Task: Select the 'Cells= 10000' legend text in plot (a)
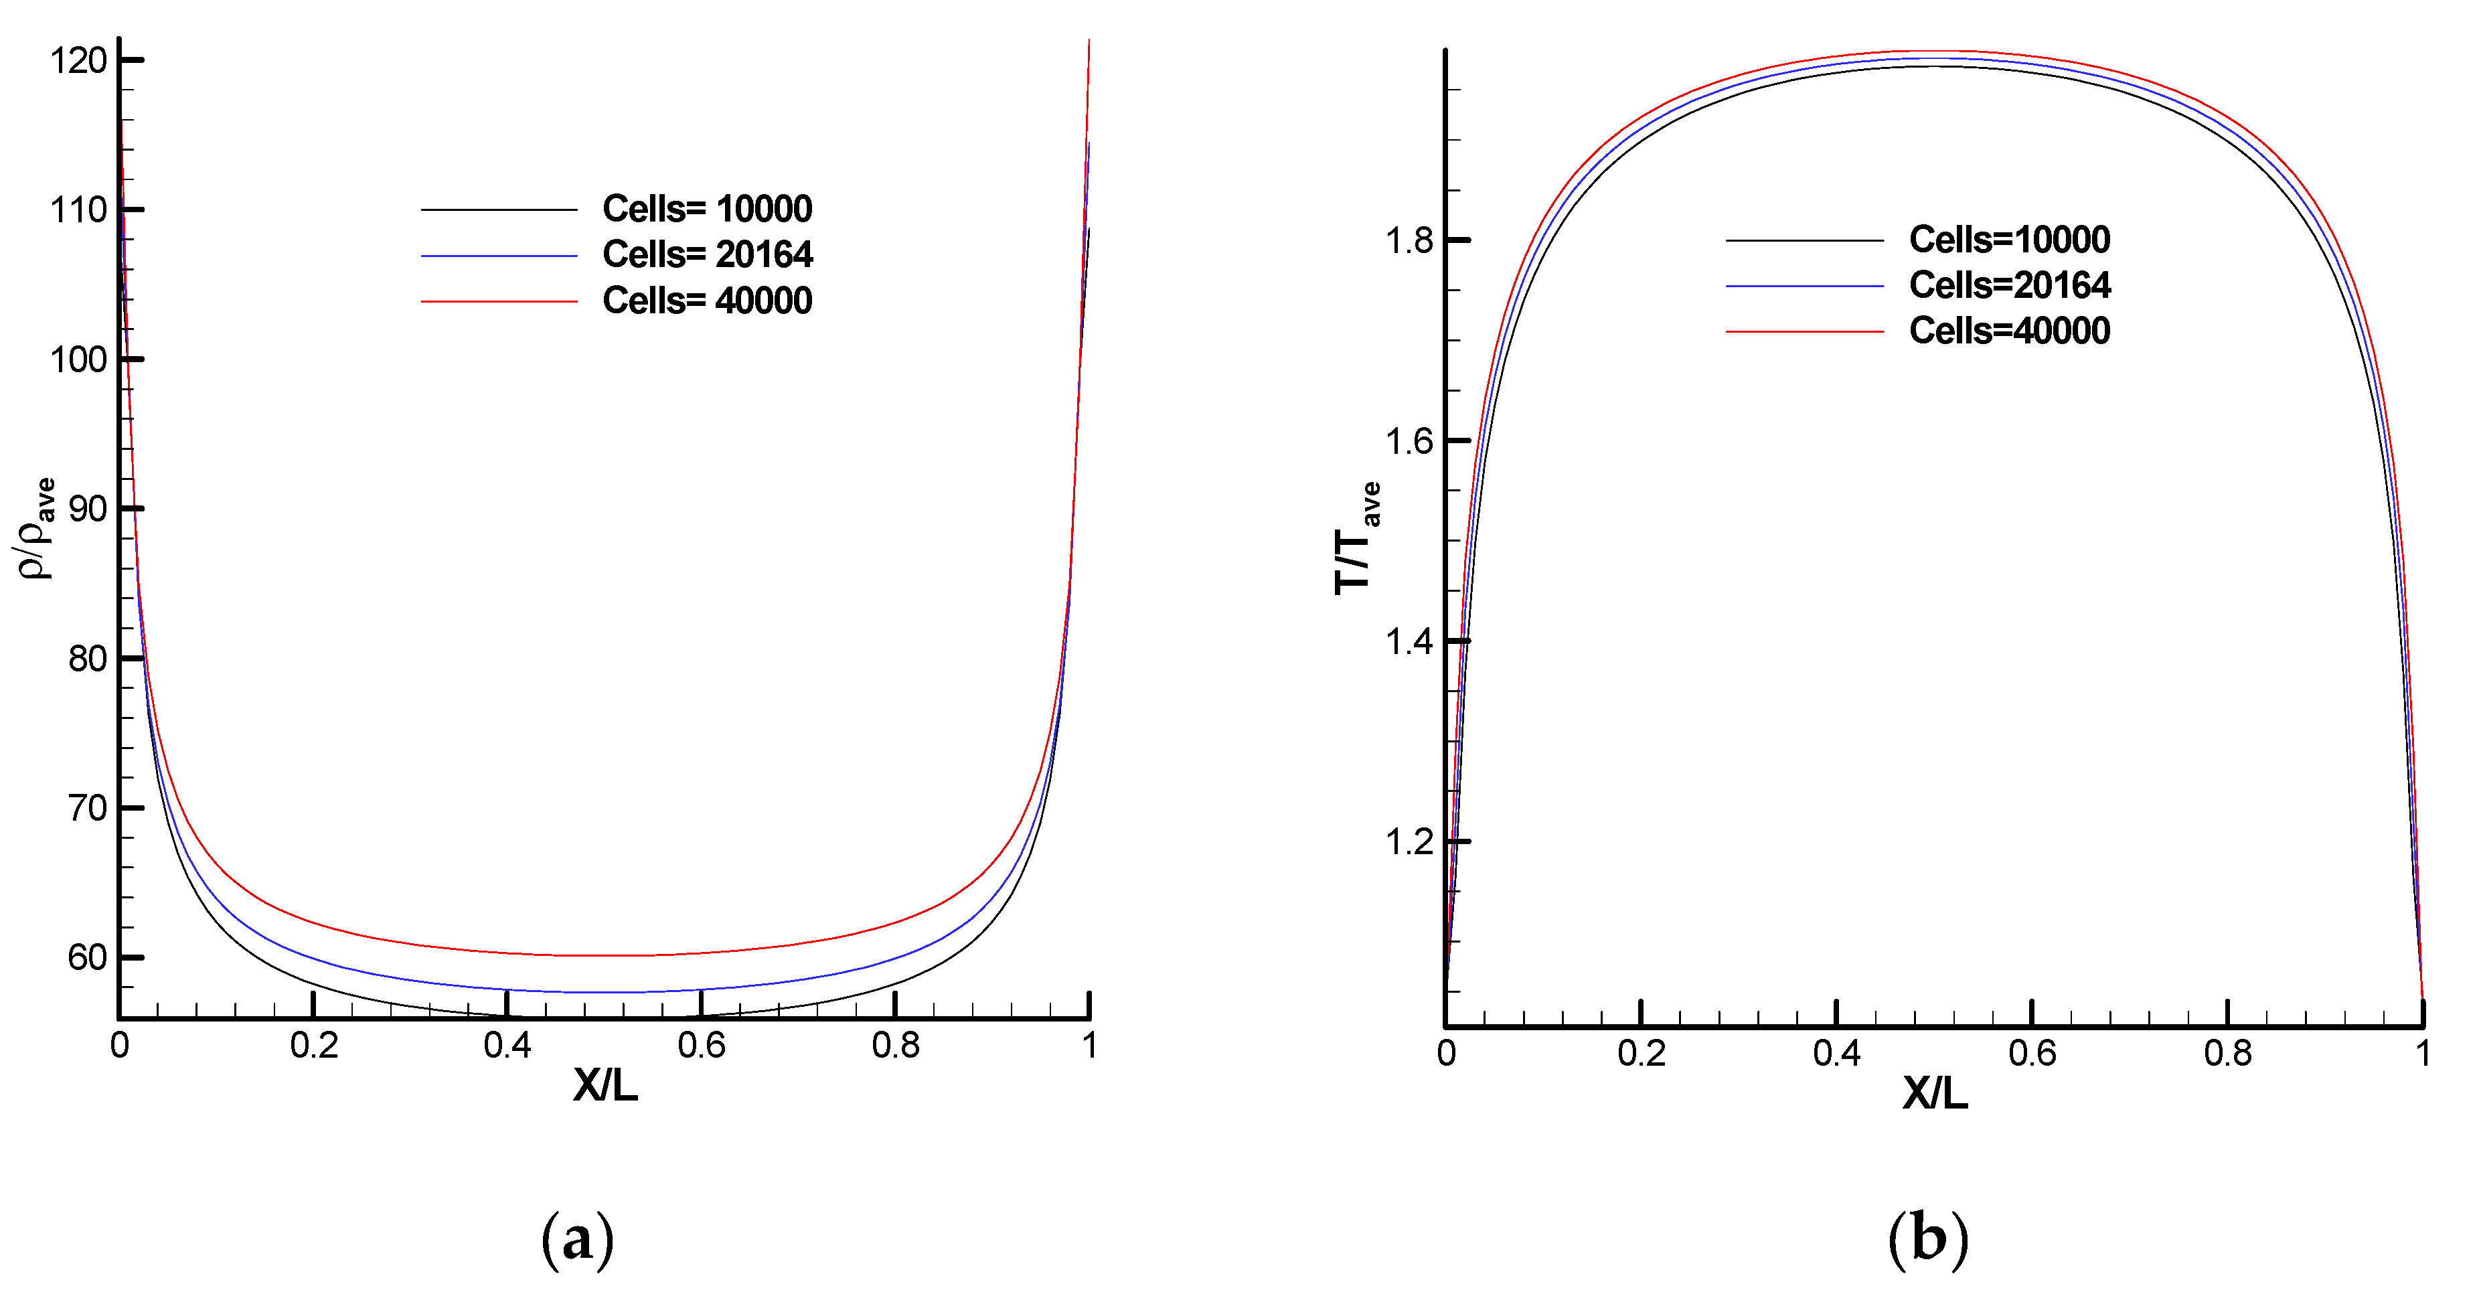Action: click(x=708, y=209)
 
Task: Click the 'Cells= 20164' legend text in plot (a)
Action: click(x=708, y=255)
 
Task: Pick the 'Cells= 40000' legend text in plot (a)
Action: click(x=708, y=301)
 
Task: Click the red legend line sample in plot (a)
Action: click(x=499, y=302)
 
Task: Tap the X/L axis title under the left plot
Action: click(x=605, y=1086)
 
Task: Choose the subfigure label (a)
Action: click(x=577, y=1240)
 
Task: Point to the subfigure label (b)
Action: click(x=1927, y=1240)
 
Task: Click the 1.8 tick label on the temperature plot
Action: click(x=1409, y=240)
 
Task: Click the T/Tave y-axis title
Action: click(x=1357, y=539)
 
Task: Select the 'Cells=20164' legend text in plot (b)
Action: click(x=2010, y=286)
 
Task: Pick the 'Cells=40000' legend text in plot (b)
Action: click(x=2010, y=331)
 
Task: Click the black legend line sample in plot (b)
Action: click(x=1804, y=240)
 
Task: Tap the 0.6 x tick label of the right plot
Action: click(x=2032, y=1054)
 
